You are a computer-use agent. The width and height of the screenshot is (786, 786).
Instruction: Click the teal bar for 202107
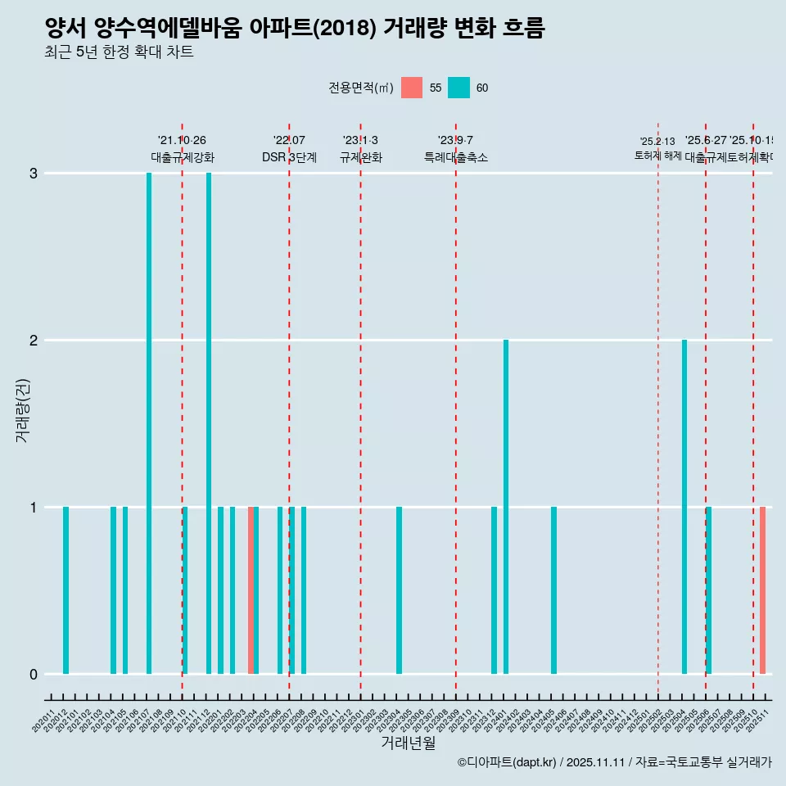149,423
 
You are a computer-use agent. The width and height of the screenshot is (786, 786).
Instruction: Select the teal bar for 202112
209,423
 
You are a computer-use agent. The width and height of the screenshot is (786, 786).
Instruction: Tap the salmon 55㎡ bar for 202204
251,590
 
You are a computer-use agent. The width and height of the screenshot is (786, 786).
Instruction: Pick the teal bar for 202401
506,507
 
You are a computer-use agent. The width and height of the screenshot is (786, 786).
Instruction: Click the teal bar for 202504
684,507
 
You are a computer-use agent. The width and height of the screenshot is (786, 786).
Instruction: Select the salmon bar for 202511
762,590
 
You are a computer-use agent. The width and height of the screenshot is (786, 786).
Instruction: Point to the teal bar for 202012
65,590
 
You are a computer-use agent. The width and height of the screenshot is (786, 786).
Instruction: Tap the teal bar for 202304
399,590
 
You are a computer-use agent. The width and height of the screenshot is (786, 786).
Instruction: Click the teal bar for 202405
553,590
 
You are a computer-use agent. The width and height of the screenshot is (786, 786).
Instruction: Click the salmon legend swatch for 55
412,88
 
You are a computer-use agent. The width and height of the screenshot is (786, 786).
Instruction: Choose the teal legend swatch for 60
459,88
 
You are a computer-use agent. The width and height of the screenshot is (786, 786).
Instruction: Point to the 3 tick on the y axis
34,174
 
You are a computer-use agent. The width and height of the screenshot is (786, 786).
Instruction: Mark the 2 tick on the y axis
34,341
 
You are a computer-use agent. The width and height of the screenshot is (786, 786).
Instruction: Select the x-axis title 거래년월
408,743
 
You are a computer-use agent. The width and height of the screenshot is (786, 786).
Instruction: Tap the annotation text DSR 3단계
289,157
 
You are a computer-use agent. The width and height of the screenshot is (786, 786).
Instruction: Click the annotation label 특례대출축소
456,157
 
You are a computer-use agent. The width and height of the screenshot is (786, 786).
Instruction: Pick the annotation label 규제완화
360,157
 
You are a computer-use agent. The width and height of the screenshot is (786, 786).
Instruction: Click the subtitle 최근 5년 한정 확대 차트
120,52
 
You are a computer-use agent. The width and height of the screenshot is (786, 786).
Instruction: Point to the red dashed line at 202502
658,409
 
